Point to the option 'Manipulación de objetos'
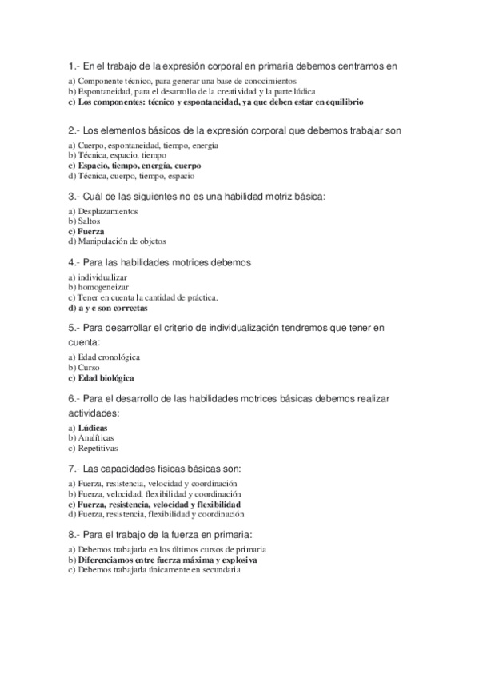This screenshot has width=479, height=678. pyautogui.click(x=122, y=241)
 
